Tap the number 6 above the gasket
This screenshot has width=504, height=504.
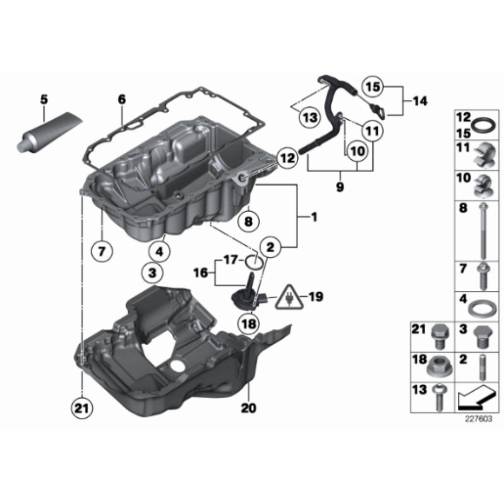[x=123, y=100]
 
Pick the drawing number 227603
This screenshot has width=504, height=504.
[x=478, y=417]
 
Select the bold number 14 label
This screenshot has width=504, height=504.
[x=420, y=102]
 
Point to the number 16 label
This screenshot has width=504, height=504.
[x=200, y=272]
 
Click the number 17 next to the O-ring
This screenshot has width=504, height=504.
[x=229, y=258]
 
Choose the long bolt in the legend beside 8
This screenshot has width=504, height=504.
[x=479, y=234]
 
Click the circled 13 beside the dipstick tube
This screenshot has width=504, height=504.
[x=309, y=116]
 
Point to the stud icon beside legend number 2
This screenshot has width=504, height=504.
[x=480, y=365]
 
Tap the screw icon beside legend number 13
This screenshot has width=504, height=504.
[x=439, y=397]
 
